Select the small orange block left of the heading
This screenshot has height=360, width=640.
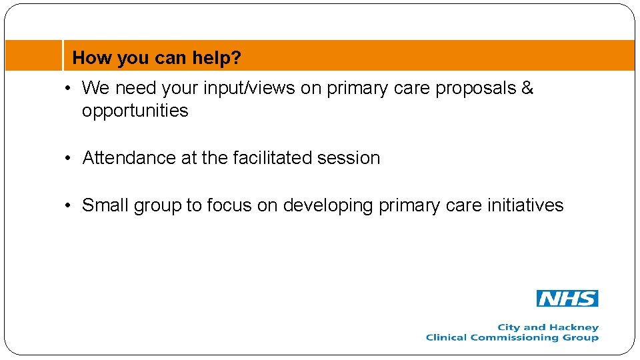pos(33,55)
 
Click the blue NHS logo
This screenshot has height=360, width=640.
pos(567,299)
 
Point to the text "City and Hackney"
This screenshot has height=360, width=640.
pos(548,327)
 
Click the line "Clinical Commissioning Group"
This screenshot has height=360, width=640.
pos(512,337)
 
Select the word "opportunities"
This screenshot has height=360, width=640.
pos(135,111)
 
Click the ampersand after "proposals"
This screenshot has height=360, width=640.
pos(527,88)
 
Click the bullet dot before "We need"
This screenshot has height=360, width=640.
pos(69,89)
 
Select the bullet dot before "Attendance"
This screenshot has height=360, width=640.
pos(69,159)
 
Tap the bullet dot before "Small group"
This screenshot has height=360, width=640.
pos(69,206)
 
